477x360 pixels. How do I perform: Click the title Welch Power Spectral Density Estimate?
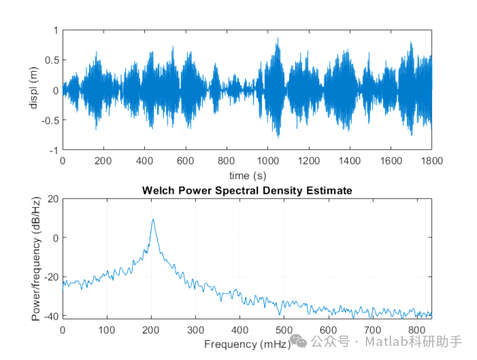tap(247, 191)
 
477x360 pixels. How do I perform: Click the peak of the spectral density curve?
tap(153, 220)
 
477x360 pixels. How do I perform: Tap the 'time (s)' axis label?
tap(247, 175)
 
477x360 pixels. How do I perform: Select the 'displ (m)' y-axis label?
tap(34, 90)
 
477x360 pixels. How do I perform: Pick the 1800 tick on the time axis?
tap(431, 161)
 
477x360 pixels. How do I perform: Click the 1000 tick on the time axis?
tap(267, 161)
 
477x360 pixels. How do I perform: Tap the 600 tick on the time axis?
tap(185, 161)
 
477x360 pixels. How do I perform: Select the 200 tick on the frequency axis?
tap(151, 329)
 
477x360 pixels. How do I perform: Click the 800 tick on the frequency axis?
tap(417, 329)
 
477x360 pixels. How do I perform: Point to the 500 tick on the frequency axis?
tap(284, 329)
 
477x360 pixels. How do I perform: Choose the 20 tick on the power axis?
tap(53, 199)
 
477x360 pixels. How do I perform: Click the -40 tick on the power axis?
tap(50, 316)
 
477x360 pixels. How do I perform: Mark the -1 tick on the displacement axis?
tap(54, 150)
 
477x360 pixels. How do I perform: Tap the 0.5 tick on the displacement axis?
tap(51, 60)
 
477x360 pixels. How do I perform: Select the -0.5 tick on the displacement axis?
tap(49, 120)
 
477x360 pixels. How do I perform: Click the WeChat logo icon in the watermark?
tap(300, 340)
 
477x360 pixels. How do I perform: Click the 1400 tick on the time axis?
tap(349, 161)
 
